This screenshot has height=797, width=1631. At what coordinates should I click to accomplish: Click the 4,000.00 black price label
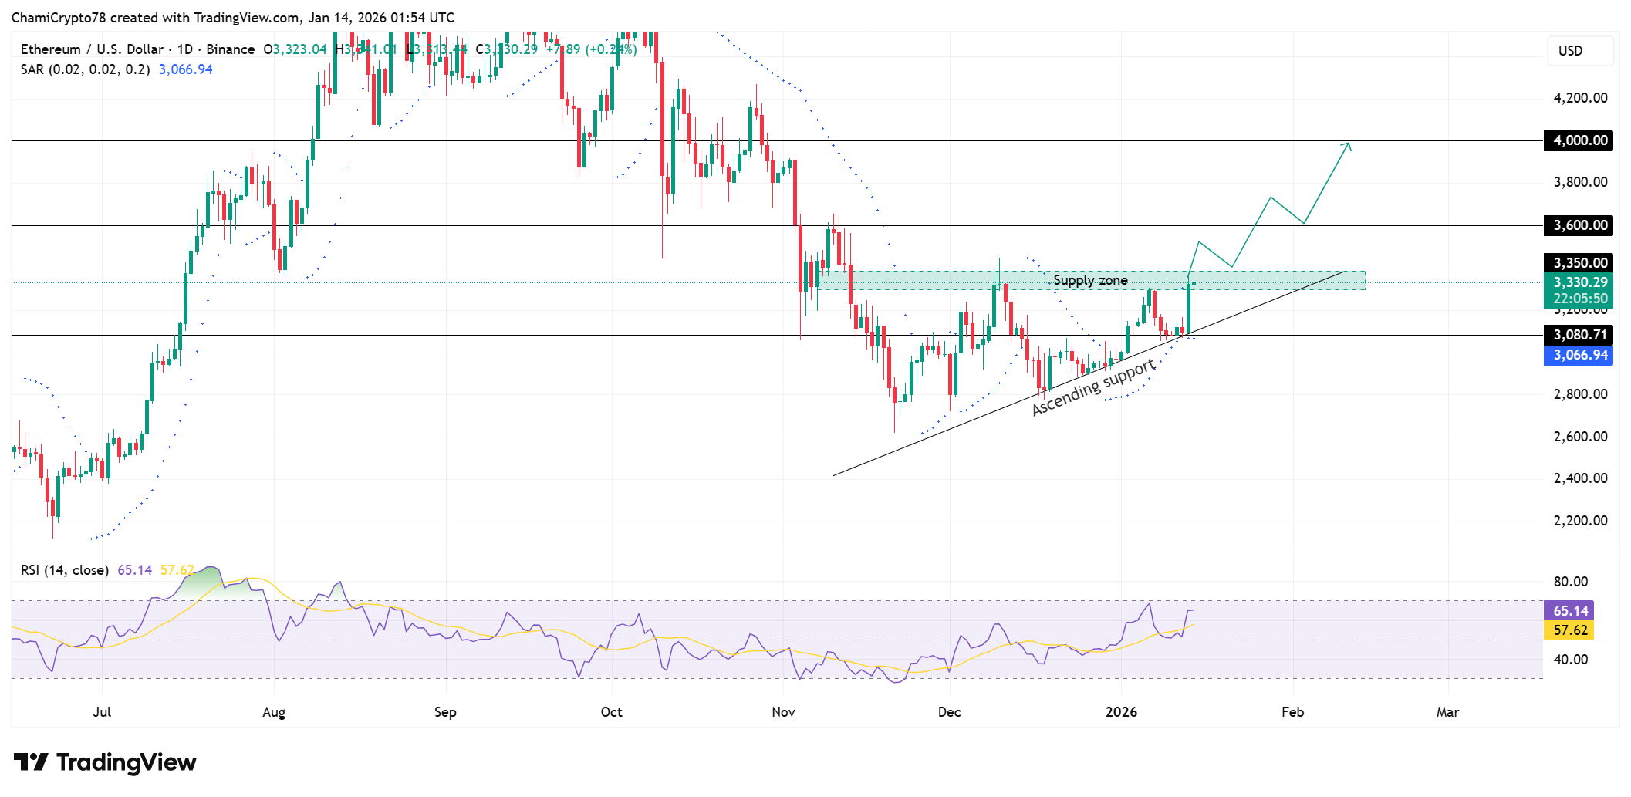pyautogui.click(x=1579, y=140)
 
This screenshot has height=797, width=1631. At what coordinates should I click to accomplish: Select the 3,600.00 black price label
pyautogui.click(x=1579, y=225)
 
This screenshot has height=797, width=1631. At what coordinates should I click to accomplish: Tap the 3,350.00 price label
pyautogui.click(x=1579, y=263)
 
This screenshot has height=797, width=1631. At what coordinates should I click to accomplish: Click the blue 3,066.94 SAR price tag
pyautogui.click(x=1579, y=355)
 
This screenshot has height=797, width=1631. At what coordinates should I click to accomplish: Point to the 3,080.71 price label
pyautogui.click(x=1579, y=335)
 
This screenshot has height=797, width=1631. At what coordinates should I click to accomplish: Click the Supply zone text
pyautogui.click(x=1090, y=280)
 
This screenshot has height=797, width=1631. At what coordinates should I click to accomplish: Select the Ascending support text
pyautogui.click(x=1093, y=387)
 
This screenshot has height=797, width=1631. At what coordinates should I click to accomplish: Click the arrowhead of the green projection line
pyautogui.click(x=1348, y=144)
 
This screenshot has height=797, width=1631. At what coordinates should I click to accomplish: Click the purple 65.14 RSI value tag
pyautogui.click(x=1569, y=610)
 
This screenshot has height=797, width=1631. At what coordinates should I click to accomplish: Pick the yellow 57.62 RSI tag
pyautogui.click(x=1569, y=630)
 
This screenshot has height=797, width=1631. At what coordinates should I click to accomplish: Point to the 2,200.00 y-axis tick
pyautogui.click(x=1580, y=521)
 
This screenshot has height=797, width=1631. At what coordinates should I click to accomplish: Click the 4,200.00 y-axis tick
pyautogui.click(x=1580, y=98)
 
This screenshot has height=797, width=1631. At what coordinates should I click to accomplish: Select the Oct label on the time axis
pyautogui.click(x=611, y=712)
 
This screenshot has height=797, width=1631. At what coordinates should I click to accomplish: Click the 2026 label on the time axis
pyautogui.click(x=1121, y=712)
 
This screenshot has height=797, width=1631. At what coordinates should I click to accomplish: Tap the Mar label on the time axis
pyautogui.click(x=1447, y=712)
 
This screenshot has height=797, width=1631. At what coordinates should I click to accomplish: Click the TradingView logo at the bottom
pyautogui.click(x=106, y=762)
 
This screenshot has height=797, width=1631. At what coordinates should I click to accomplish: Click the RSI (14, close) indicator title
pyautogui.click(x=65, y=570)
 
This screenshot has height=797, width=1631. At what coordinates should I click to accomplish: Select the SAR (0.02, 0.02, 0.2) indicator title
pyautogui.click(x=85, y=69)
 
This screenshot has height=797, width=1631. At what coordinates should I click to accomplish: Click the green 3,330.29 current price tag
pyautogui.click(x=1579, y=282)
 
